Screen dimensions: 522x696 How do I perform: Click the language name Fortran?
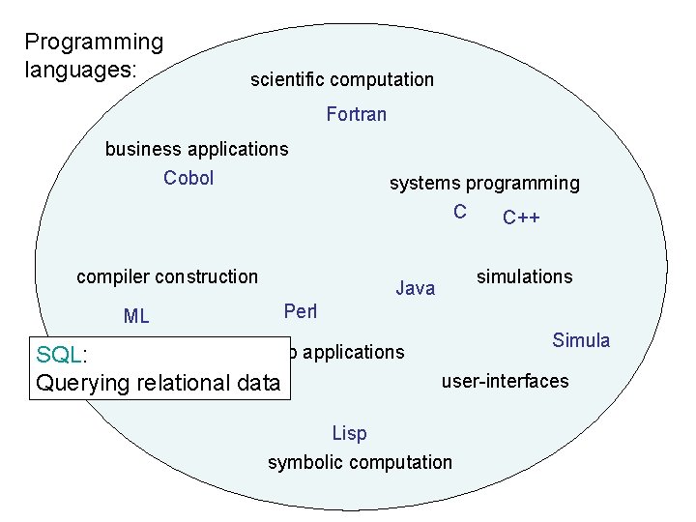[x=357, y=114]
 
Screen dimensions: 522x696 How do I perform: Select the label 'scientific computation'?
[x=342, y=79]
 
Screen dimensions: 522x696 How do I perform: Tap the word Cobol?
[x=188, y=178]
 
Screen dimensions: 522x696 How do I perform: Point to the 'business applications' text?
[x=196, y=149]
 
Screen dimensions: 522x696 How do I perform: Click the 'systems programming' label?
[x=484, y=183]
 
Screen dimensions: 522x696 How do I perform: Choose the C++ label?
[x=521, y=217]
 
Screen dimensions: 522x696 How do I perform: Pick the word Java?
[x=416, y=287]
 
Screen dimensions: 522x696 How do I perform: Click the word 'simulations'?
[x=524, y=276]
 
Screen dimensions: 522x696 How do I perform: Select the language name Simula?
[x=581, y=340]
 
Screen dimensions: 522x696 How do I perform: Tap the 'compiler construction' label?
[x=167, y=276]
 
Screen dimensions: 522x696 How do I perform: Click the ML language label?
[x=136, y=316]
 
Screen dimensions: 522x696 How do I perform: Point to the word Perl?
[x=301, y=311]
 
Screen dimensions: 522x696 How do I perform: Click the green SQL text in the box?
[x=59, y=355]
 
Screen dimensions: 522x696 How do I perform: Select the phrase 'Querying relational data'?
[x=158, y=383]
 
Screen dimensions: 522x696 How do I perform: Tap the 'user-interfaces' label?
[x=506, y=381]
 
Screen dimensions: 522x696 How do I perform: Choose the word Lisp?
[x=349, y=433]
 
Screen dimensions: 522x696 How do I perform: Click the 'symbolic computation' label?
[x=360, y=462]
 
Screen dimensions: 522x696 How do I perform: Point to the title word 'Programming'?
[x=94, y=42]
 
